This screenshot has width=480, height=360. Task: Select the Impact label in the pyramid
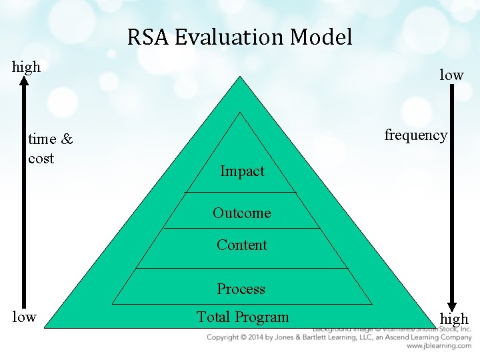click(242, 171)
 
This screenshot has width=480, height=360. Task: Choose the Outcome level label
click(241, 213)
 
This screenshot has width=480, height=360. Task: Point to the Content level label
click(241, 245)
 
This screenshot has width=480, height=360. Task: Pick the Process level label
click(241, 289)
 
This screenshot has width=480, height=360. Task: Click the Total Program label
click(242, 317)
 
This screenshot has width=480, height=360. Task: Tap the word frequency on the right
click(416, 135)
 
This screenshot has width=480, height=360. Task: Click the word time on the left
click(43, 139)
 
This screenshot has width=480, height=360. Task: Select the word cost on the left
click(41, 159)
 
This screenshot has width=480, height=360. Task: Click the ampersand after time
click(67, 139)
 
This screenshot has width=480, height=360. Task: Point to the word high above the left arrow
click(27, 67)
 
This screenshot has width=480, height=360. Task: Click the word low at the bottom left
click(24, 317)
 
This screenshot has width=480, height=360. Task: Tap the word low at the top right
click(451, 75)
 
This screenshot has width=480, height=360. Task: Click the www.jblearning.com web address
click(439, 346)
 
